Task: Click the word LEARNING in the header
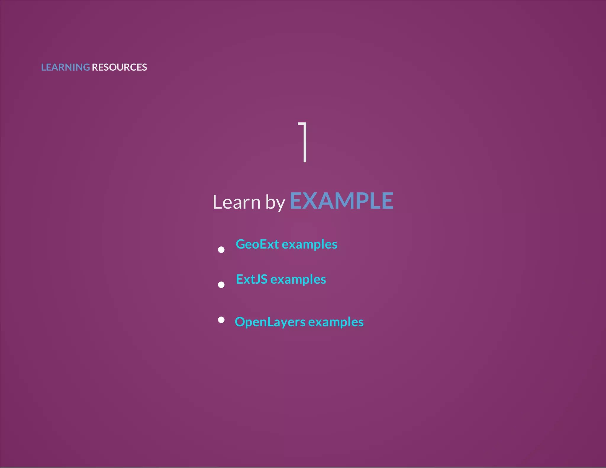65,67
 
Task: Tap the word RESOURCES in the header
119,67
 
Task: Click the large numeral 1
303,142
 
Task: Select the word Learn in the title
236,202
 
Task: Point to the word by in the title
275,203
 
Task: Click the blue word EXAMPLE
341,201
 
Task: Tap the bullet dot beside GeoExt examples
221,250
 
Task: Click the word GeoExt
257,244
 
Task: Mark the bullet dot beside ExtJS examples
221,285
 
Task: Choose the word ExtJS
252,280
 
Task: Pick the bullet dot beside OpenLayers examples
221,320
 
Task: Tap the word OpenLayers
270,322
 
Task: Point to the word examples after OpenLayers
336,322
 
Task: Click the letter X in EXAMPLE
311,201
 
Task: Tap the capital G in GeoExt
241,244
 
